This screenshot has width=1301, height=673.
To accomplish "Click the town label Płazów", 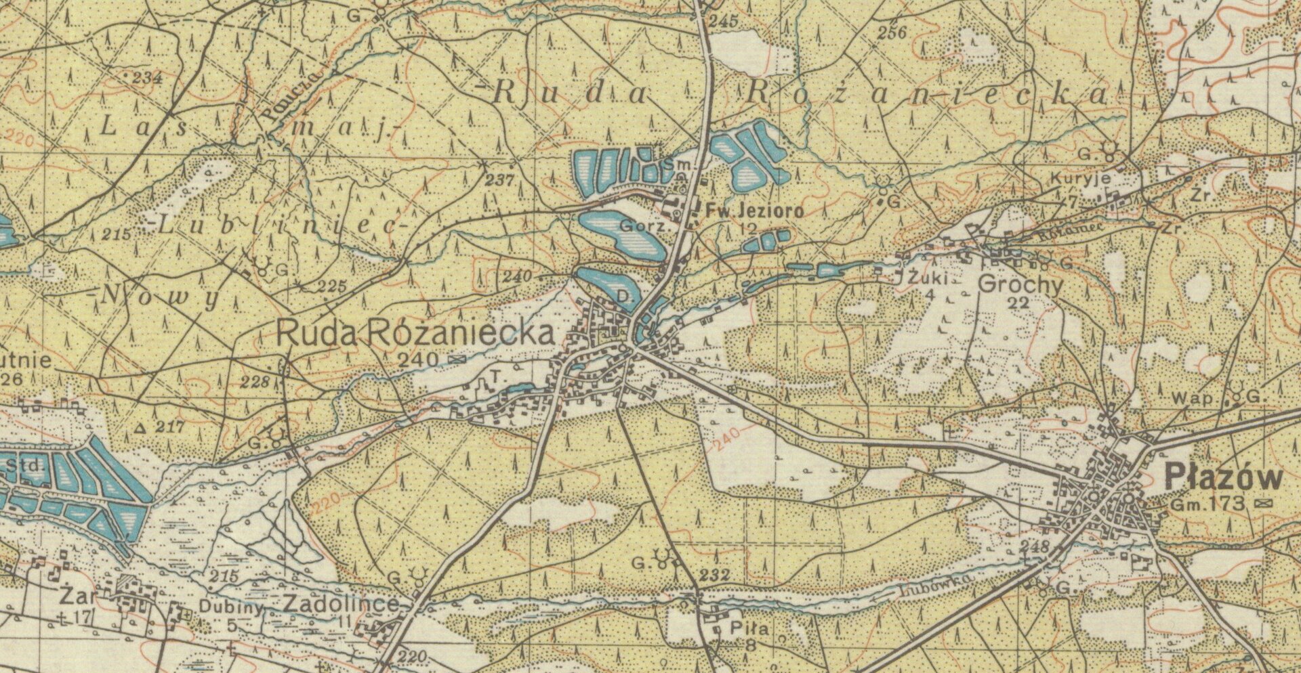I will coord(1223,478).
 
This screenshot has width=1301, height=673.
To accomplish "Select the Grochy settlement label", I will coord(1020,285).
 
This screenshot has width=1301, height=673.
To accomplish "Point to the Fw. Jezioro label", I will coord(754,211).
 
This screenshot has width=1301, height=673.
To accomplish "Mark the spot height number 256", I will coord(891,32).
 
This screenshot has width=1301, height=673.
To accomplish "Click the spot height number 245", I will coord(724,22).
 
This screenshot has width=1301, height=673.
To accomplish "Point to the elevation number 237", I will coord(499,180).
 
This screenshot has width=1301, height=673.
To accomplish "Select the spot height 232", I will coord(714,576).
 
